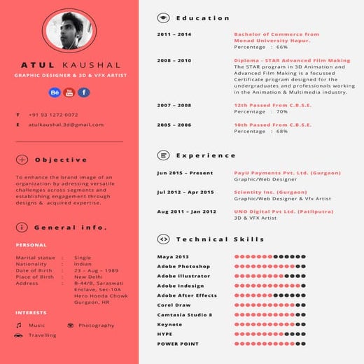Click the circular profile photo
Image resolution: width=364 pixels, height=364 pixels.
[x=69, y=33]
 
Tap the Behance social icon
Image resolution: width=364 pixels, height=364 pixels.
[x=55, y=92]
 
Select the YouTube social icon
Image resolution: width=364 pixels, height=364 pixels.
[x=69, y=92]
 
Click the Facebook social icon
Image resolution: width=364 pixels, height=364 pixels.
[x=83, y=92]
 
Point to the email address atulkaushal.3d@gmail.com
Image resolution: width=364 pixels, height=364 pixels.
[x=66, y=125]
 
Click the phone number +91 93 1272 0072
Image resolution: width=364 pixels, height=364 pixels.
[x=53, y=114]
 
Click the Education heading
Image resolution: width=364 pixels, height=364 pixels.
[x=202, y=18]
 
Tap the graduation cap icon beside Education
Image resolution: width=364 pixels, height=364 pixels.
[x=163, y=18]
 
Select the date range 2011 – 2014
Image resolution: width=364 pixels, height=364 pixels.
[x=174, y=34]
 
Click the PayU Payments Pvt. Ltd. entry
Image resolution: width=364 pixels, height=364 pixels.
[x=287, y=172]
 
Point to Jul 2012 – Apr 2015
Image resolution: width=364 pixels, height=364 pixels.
[x=185, y=192]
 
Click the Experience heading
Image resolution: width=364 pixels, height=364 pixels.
[x=206, y=155]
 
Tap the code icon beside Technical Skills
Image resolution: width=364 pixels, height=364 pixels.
[x=163, y=239]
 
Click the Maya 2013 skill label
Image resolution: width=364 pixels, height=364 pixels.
[x=173, y=257]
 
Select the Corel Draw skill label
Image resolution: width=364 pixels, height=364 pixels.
[x=174, y=305]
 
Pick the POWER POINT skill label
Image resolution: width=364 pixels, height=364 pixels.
[x=177, y=344]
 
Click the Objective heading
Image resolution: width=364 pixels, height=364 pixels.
[x=61, y=160]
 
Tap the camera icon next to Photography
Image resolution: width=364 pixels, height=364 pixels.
[x=71, y=325]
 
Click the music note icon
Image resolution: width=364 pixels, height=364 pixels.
[x=19, y=325]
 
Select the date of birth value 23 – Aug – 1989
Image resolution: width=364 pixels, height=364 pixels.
[x=96, y=270]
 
